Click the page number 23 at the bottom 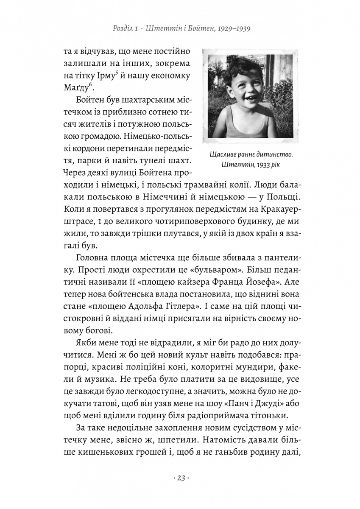click(180, 478)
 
